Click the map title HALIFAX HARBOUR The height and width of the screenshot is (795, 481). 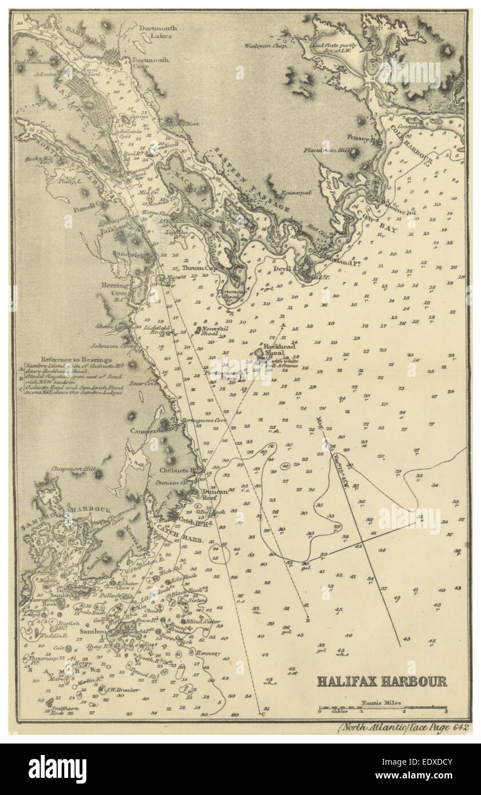[x=382, y=681]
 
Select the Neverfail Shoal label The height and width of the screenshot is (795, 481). [x=213, y=331]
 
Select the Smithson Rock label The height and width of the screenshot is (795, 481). [x=64, y=710]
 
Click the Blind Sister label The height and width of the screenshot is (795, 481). [x=203, y=621]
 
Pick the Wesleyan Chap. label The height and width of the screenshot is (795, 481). [x=265, y=45]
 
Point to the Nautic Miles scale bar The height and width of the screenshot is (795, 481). [x=382, y=709]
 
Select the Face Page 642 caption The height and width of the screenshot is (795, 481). [x=404, y=728]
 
